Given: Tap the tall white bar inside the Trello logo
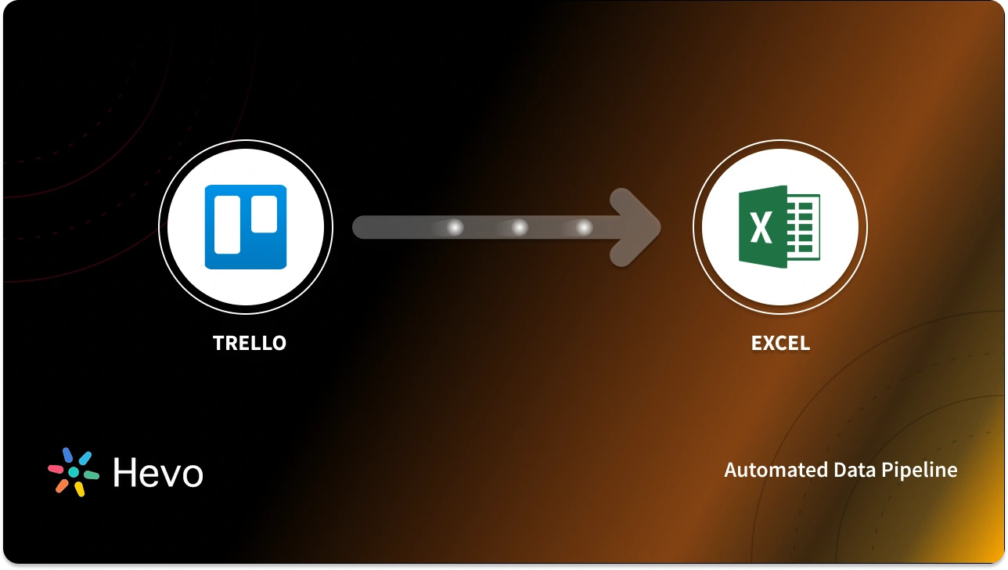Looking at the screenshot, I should point(228,222).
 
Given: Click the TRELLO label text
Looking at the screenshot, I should point(250,343).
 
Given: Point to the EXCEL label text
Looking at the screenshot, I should point(780,343).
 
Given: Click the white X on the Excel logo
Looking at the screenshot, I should point(760,229).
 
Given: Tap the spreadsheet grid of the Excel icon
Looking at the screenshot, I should point(803,228).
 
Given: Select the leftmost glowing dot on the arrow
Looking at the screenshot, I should point(455,228).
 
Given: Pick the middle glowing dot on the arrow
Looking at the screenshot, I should point(519,228).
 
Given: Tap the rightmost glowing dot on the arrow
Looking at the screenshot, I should point(584,228).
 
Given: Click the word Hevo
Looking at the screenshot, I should point(157,472).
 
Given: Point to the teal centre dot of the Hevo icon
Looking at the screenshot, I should point(73,472).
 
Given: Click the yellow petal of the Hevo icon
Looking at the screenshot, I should point(80,489).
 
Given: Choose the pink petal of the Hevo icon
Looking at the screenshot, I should point(56,469).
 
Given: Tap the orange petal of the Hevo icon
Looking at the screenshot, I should point(61,485).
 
